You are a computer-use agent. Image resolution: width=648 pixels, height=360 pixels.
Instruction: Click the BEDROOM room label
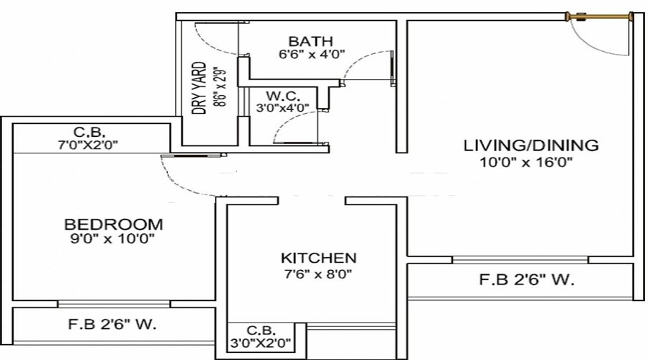tap(114, 224)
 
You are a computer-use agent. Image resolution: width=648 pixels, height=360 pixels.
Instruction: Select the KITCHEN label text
tap(318, 258)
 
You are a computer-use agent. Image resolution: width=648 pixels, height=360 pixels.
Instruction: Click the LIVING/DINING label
tap(530, 145)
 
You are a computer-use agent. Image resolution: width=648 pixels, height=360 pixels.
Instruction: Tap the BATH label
tap(311, 41)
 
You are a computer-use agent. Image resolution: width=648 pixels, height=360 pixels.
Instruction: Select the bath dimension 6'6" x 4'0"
tap(312, 54)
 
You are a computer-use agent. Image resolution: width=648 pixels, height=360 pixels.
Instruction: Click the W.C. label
tap(283, 96)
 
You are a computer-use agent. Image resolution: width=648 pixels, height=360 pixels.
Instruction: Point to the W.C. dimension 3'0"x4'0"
tap(283, 108)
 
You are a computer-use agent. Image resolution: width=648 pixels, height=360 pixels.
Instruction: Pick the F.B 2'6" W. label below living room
tap(527, 281)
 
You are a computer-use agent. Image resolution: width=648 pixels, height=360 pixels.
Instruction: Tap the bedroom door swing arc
tap(180, 180)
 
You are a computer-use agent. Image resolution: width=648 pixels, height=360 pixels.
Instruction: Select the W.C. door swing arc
tap(288, 126)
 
